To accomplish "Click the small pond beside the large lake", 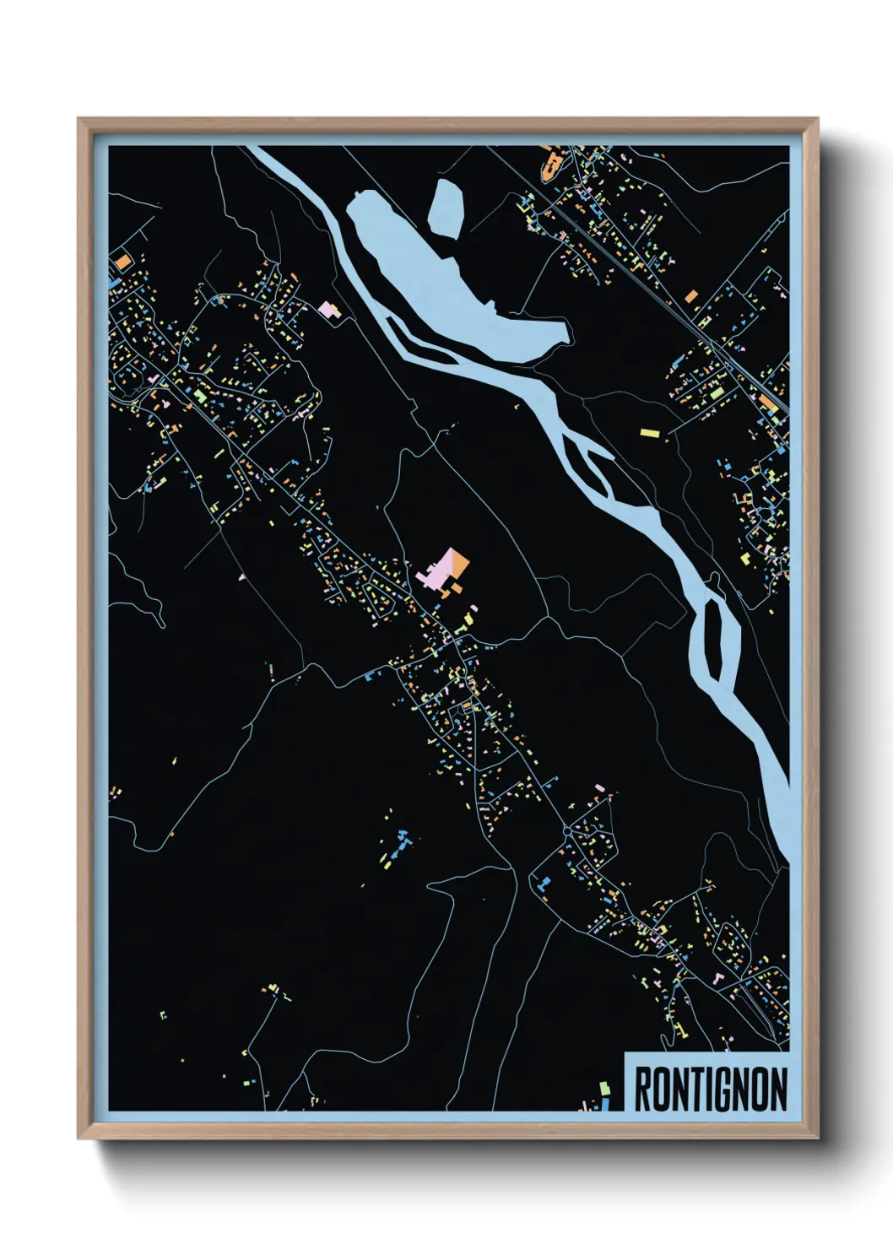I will pos(446,206).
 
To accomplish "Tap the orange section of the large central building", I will pos(458,563).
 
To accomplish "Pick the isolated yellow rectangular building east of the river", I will pos(649,433).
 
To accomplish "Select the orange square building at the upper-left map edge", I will pos(122,262).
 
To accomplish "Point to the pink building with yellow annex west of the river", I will pos(327,310).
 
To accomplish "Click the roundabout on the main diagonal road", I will pos(566,831).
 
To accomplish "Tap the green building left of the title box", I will pos(603,1089).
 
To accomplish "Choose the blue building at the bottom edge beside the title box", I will pos(605,1103).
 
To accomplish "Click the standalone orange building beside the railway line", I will pos(691,296).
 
